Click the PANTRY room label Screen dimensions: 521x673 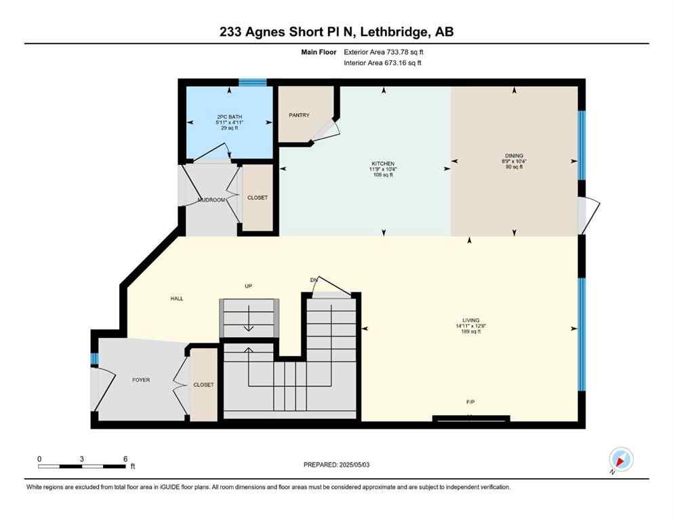(x=299, y=115)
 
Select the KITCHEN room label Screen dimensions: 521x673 (x=382, y=164)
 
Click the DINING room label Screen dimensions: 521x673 (x=514, y=155)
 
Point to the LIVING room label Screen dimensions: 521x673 (x=470, y=320)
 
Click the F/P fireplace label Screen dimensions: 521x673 (x=470, y=402)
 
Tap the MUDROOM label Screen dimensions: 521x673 (x=211, y=200)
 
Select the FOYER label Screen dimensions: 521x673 (x=141, y=380)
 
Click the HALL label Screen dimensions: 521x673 (x=177, y=298)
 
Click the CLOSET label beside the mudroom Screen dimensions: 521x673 (x=258, y=198)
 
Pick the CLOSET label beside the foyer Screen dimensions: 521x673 (x=203, y=385)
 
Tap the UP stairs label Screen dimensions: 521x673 (x=249, y=286)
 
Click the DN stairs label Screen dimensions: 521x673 (x=313, y=279)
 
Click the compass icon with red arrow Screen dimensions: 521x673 (x=621, y=459)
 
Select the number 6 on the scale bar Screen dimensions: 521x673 (x=125, y=459)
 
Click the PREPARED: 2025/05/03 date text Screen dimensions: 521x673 (x=337, y=465)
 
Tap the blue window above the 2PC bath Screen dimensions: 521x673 (x=253, y=83)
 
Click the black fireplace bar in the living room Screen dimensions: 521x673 (x=471, y=418)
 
